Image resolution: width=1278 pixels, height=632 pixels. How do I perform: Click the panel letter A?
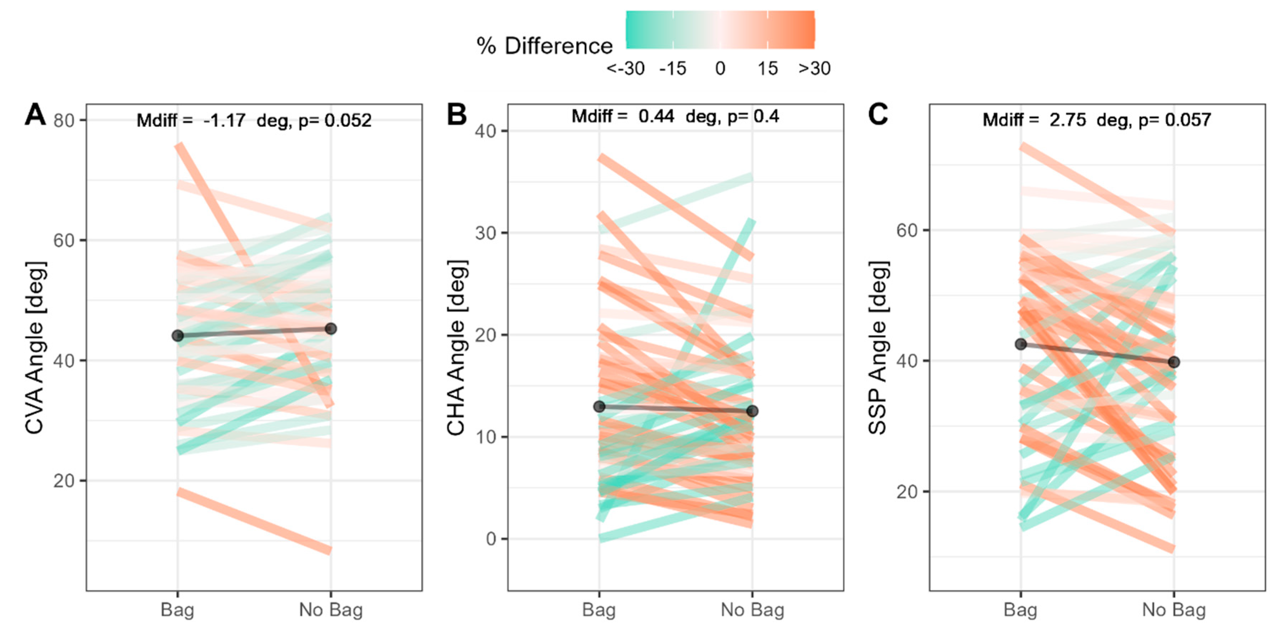35,115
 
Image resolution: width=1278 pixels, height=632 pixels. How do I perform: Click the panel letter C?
878,115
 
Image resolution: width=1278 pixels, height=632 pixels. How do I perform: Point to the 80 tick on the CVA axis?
64,120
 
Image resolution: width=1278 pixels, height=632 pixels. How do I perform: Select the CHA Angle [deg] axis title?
456,347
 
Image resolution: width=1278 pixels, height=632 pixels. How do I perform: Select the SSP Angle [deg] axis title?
878,347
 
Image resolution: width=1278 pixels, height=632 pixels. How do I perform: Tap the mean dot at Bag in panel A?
177,336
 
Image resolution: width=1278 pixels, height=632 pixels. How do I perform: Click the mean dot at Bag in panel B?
599,406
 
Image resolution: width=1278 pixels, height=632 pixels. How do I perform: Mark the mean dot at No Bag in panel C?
1174,362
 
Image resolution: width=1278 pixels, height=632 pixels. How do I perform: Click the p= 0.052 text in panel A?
335,120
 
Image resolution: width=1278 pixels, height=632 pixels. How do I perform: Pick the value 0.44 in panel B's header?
656,117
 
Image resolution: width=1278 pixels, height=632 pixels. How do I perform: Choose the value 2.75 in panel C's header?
1067,120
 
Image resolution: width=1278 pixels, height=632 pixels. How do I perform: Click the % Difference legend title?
544,46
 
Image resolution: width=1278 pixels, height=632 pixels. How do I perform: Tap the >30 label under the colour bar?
814,69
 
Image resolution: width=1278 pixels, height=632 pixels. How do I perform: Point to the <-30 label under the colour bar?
626,69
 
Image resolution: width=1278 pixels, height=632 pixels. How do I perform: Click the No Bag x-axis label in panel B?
752,610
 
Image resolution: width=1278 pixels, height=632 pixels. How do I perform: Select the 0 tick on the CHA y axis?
491,539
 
